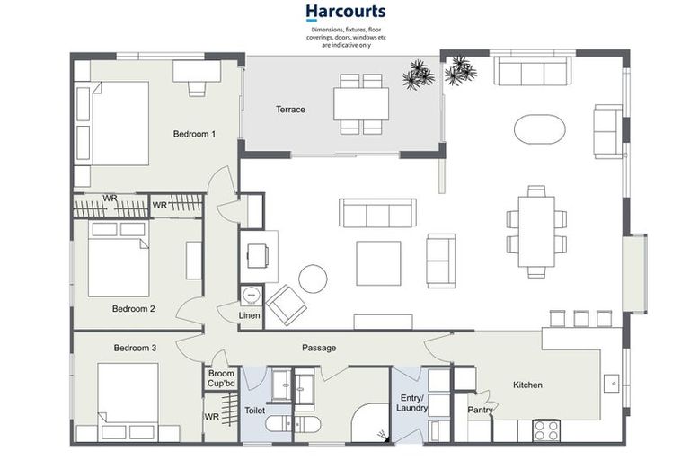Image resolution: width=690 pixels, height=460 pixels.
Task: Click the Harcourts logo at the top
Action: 345,13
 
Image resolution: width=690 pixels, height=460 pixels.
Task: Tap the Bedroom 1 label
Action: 194,134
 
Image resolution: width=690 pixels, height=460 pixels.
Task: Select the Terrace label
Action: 290,110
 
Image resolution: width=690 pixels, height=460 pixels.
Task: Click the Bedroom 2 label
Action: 134,308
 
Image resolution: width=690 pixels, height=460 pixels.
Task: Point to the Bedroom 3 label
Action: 136,348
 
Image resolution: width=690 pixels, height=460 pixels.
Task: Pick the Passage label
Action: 319,348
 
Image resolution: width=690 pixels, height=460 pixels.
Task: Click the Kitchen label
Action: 527,385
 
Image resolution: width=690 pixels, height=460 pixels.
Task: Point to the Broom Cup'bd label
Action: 221,378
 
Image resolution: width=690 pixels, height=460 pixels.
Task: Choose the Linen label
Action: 249,315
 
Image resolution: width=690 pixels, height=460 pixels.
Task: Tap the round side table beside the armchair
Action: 314,279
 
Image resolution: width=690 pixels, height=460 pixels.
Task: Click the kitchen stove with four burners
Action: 546,430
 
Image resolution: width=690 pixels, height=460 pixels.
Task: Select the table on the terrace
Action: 361,103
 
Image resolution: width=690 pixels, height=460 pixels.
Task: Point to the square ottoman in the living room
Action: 378,263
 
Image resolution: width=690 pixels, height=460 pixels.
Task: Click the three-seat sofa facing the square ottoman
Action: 377,213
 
